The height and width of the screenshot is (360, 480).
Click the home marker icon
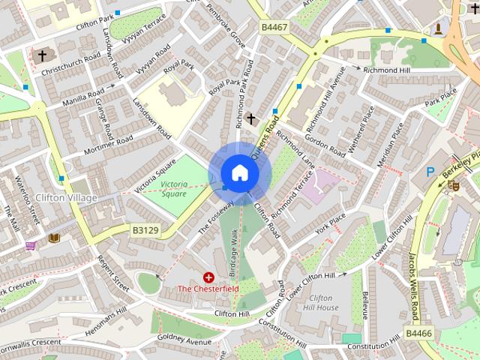pyautogui.click(x=239, y=173)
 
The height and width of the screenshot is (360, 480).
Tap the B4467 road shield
pyautogui.click(x=274, y=27)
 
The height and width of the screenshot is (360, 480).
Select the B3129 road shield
pyautogui.click(x=145, y=229)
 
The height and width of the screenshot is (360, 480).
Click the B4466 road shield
pyautogui.click(x=419, y=332)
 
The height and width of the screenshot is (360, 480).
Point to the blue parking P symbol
pyautogui.click(x=430, y=172)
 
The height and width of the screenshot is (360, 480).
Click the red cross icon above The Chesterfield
pyautogui.click(x=208, y=277)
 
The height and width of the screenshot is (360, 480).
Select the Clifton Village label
pyautogui.click(x=66, y=198)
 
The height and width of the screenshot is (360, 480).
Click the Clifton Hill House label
pyautogui.click(x=323, y=302)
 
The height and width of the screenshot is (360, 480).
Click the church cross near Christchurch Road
pyautogui.click(x=42, y=55)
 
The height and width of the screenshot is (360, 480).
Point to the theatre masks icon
pyautogui.click(x=453, y=185)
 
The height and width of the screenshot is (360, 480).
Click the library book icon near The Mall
pyautogui.click(x=54, y=238)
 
